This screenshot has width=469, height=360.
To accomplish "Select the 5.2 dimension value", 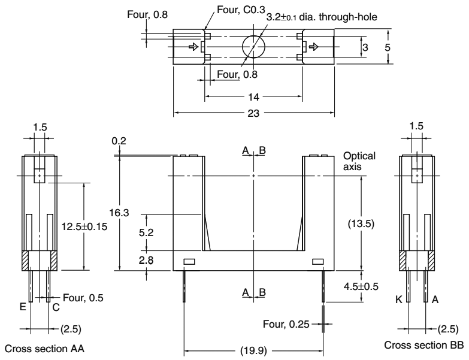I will point(146,232).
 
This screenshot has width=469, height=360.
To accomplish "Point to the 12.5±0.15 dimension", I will point(84,226).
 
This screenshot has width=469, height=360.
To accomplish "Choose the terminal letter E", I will point(22,307).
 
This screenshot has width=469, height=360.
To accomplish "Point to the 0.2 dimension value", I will point(119,142).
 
